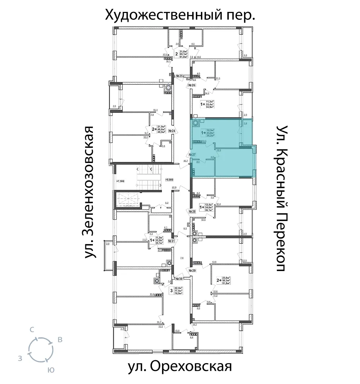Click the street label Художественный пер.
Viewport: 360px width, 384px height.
click(x=180, y=15)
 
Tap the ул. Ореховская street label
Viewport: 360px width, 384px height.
click(x=179, y=367)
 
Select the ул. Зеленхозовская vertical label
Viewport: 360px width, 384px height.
click(x=91, y=192)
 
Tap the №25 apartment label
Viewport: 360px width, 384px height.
click(x=179, y=76)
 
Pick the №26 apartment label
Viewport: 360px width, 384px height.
click(x=192, y=85)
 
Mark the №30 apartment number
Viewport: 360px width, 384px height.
click(x=179, y=279)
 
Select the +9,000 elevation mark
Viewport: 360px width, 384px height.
click(x=169, y=179)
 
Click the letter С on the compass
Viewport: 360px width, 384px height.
click(x=32, y=329)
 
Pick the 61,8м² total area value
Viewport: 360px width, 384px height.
click(x=184, y=57)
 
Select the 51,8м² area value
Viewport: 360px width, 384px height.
click(x=226, y=283)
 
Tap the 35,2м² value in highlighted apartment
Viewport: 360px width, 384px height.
click(x=211, y=136)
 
